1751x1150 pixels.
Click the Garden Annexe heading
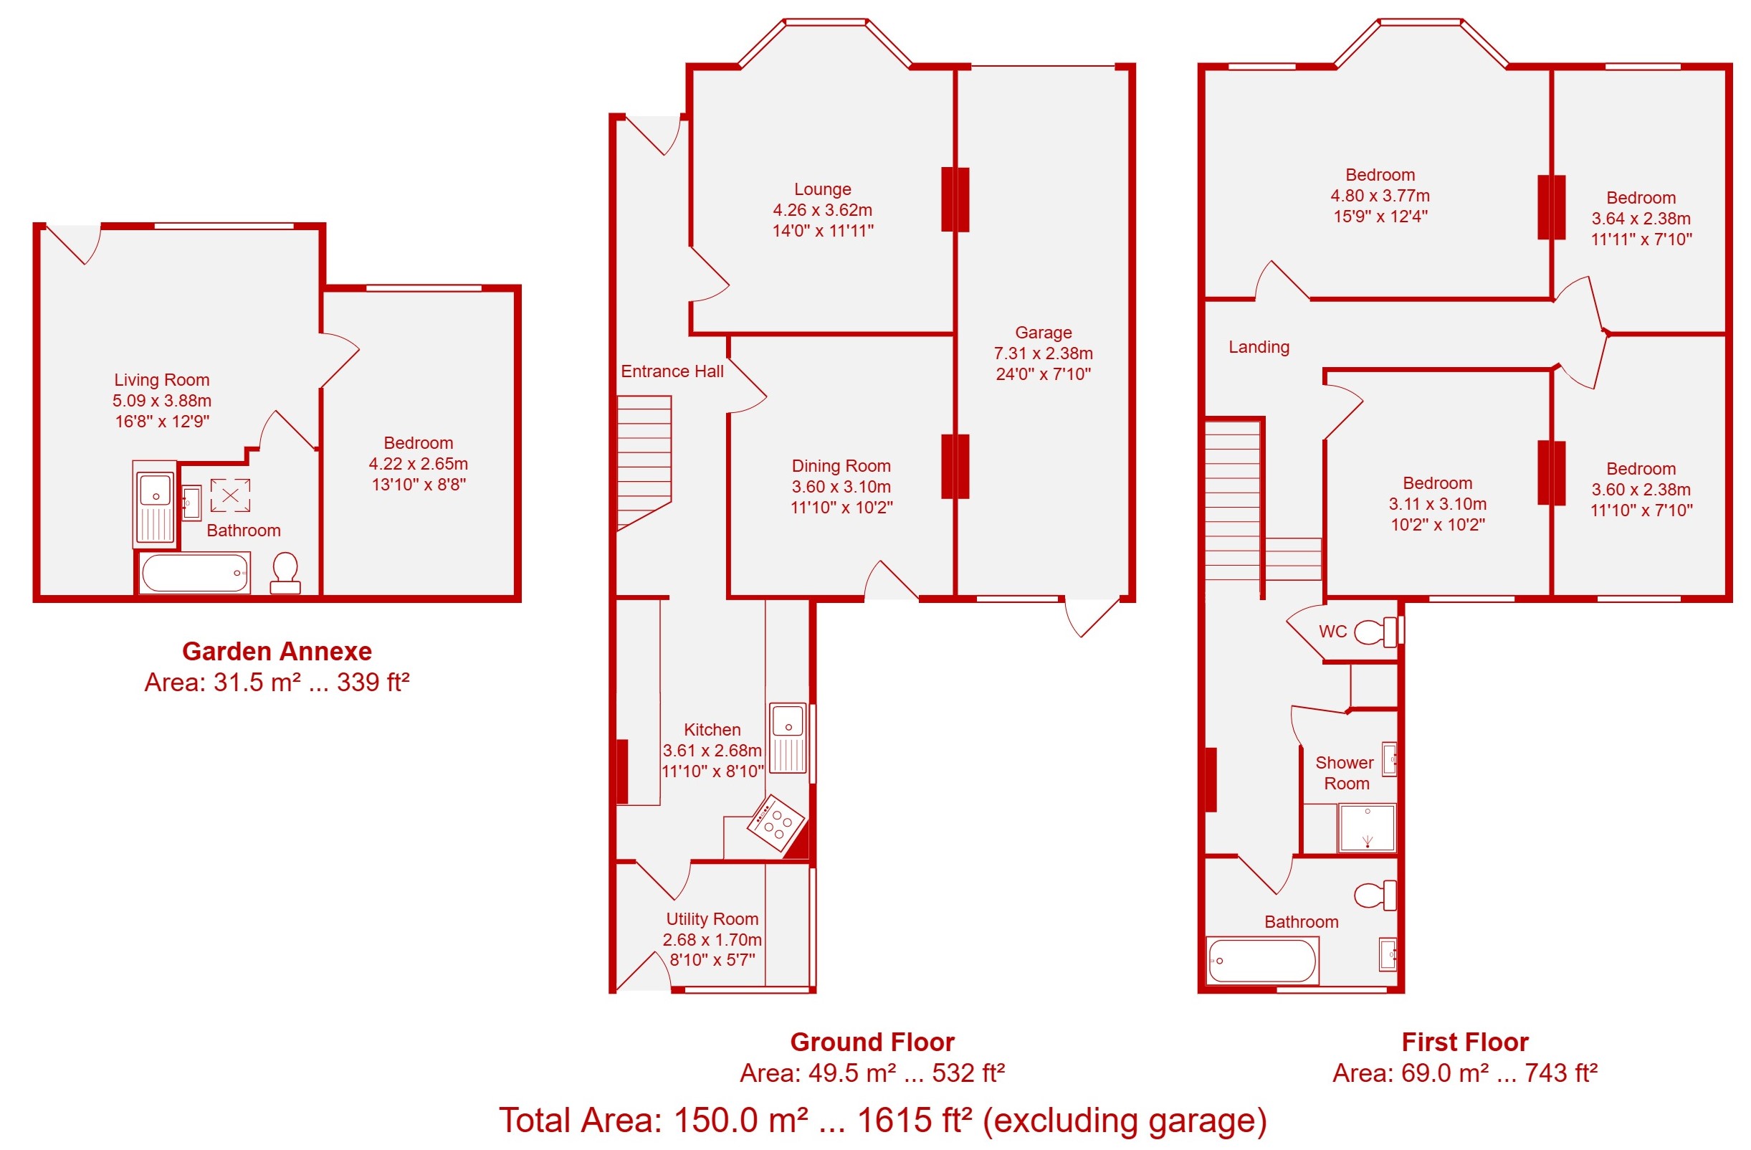click(x=277, y=651)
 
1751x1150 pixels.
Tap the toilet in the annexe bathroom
click(x=285, y=574)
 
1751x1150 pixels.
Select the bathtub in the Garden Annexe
click(x=195, y=573)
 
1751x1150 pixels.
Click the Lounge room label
click(x=823, y=189)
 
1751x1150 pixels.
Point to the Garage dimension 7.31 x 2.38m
click(x=1044, y=353)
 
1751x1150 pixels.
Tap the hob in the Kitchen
click(x=777, y=823)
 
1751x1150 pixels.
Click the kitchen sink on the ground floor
click(x=788, y=738)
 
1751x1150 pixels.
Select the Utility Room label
click(x=712, y=919)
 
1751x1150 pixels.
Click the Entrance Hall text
click(x=672, y=371)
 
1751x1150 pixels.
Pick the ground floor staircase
click(x=644, y=462)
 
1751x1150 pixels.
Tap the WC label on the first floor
click(x=1332, y=632)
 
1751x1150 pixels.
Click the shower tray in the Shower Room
click(x=1368, y=828)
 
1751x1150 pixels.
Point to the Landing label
click(x=1259, y=347)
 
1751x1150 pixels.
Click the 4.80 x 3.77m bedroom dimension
click(x=1380, y=196)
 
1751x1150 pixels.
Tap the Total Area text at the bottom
click(x=883, y=1121)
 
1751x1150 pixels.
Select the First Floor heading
click(x=1465, y=1042)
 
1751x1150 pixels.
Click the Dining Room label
click(x=841, y=466)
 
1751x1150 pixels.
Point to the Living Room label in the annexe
click(x=162, y=380)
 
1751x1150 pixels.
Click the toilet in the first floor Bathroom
click(x=1375, y=895)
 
